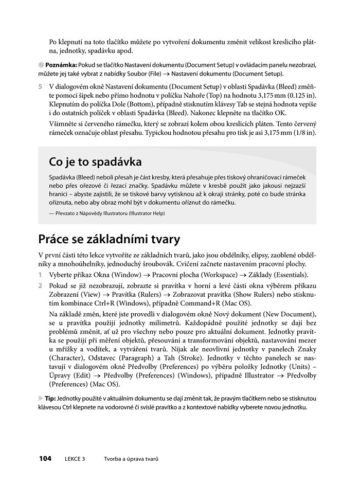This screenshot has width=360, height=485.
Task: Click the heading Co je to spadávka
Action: tap(95, 162)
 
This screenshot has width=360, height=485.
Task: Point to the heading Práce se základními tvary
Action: tap(109, 240)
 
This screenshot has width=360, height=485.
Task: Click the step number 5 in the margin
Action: tap(40, 86)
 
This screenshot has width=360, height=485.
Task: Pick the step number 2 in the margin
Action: tap(40, 285)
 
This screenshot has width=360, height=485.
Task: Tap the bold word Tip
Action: tap(50, 398)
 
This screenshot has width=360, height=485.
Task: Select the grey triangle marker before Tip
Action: tap(41, 398)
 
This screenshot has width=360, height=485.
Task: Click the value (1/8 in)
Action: tap(304, 133)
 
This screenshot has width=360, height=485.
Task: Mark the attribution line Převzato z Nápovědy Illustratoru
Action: tap(107, 213)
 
